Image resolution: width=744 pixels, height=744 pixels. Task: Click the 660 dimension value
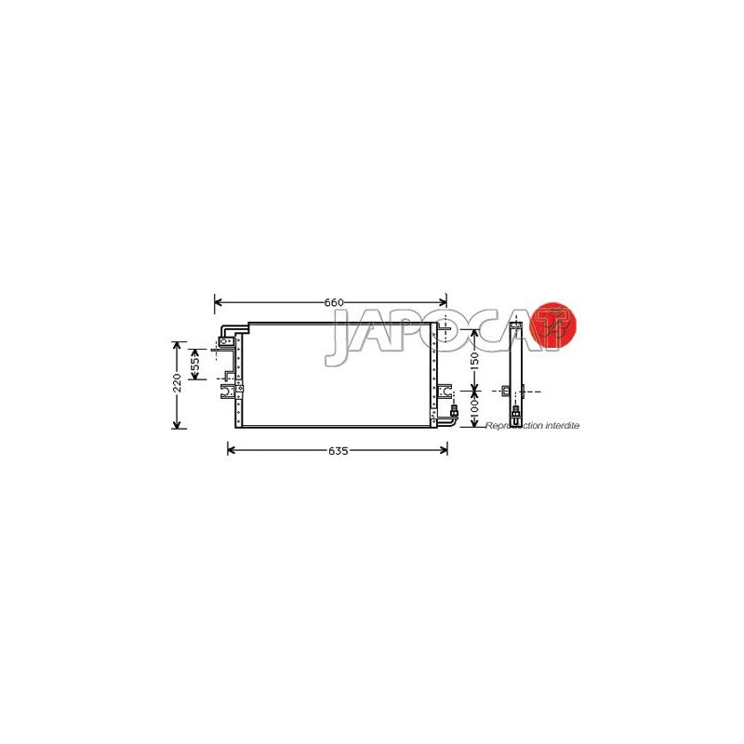(x=334, y=303)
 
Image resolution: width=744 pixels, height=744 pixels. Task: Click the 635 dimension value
(x=338, y=451)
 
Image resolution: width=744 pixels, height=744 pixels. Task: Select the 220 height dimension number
(x=177, y=383)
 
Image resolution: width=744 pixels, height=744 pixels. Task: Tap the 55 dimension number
(x=195, y=364)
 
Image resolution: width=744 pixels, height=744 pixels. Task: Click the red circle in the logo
(x=552, y=325)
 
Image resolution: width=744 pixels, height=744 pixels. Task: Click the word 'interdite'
(x=563, y=426)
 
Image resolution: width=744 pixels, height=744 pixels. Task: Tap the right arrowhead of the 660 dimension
(x=443, y=302)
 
